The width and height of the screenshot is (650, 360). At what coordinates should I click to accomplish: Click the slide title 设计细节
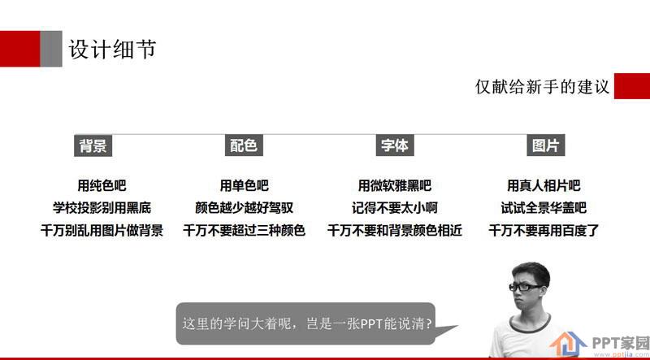112,50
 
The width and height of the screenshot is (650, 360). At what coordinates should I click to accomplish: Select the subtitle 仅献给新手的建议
542,87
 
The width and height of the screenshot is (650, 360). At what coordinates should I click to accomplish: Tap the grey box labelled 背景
93,145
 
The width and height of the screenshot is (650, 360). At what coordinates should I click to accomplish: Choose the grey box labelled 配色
244,145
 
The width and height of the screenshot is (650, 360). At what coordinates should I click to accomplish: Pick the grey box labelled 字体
395,145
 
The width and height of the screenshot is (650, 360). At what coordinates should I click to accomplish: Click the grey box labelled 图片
545,145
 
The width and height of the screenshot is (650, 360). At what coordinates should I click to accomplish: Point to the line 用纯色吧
102,185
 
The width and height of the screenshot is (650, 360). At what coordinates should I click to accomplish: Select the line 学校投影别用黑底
102,208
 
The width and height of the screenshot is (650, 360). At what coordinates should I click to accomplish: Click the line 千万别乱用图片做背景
102,230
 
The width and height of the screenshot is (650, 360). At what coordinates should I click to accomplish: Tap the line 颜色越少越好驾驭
245,208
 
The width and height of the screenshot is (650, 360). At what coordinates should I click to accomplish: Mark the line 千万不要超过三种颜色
245,230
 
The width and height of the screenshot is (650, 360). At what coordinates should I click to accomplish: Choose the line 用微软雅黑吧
395,185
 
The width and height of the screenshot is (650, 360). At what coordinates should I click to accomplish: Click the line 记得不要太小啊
395,208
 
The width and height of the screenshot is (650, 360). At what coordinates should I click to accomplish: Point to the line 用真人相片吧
544,185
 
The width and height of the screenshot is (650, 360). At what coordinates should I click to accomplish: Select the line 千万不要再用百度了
544,230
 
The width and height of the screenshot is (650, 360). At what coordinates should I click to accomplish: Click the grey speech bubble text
308,323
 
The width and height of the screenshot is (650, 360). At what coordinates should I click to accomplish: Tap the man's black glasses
526,287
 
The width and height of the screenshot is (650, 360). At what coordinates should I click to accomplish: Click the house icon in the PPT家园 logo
568,344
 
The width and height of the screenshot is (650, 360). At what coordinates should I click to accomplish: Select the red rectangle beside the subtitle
632,86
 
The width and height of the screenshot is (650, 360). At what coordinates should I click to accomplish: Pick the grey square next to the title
51,49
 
